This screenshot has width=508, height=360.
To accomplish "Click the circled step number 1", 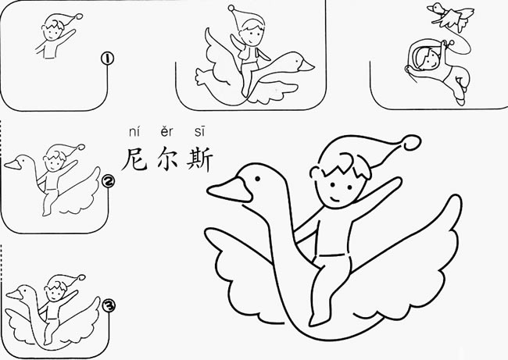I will (x=108, y=59).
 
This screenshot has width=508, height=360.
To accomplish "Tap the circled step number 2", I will (x=109, y=182).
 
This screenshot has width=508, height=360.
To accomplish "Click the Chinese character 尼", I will (x=135, y=158).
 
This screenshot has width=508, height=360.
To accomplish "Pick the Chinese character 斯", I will (x=199, y=158).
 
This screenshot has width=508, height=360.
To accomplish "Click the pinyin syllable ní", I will (x=134, y=132).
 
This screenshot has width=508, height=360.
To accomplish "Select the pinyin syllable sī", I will (x=198, y=132).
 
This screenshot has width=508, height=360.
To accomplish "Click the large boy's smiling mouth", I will (x=334, y=201).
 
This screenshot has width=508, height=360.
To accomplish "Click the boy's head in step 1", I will (x=53, y=31).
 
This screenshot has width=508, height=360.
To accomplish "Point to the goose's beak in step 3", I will (x=11, y=298).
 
